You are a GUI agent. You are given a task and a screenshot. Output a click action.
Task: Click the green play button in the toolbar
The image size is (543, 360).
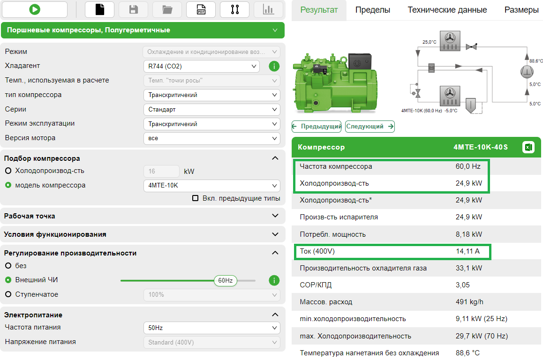pos(34,9)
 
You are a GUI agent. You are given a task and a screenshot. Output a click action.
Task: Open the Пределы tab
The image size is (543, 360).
pos(372,10)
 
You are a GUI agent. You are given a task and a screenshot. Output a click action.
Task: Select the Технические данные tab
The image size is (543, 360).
pos(447,10)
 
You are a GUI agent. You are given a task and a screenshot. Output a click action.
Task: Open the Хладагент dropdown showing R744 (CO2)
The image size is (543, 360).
pos(201,67)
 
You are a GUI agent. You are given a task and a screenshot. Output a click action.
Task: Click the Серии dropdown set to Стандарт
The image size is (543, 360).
pos(211,110)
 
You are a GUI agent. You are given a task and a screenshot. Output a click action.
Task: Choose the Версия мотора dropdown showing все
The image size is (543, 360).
pos(211,138)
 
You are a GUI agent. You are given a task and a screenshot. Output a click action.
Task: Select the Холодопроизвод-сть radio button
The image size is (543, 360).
pos(8,171)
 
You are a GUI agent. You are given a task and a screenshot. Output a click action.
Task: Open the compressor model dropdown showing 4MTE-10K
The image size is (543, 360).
pos(211,186)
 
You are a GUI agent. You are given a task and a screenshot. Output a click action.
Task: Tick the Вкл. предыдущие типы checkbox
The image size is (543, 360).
pos(196,198)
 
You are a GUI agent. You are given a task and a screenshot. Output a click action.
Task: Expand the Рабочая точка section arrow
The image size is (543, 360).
pos(275,216)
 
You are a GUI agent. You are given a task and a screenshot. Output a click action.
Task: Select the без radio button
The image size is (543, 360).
pos(8,266)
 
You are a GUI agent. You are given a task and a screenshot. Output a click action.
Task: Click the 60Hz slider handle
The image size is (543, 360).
pos(225,281)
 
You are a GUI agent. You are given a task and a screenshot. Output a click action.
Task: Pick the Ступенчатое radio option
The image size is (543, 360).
pos(8,295)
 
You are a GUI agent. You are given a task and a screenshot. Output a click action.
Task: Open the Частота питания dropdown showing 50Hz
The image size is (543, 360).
pos(211,328)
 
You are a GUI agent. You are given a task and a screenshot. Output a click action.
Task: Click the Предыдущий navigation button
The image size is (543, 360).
pos(317,127)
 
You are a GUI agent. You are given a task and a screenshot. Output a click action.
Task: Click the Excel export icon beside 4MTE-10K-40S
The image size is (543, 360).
pos(528,147)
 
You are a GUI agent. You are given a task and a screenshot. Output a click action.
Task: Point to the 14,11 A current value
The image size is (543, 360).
pos(468,251)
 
